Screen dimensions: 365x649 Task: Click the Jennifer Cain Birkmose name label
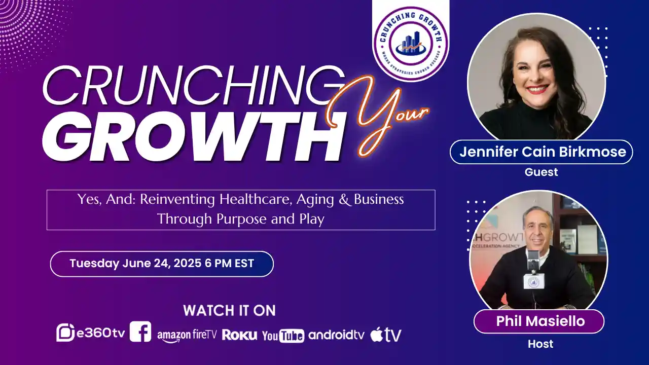point(541,152)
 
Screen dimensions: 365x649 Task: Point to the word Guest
point(541,172)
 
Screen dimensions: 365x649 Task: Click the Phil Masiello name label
point(538,321)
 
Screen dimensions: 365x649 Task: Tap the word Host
point(540,344)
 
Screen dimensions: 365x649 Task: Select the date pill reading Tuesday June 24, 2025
point(162,264)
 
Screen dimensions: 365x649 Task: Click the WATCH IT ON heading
point(229,310)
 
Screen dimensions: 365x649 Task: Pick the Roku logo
point(239,335)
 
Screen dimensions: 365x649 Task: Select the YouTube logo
point(283,335)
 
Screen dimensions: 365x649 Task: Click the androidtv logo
point(336,335)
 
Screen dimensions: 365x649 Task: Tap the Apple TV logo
point(385,335)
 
